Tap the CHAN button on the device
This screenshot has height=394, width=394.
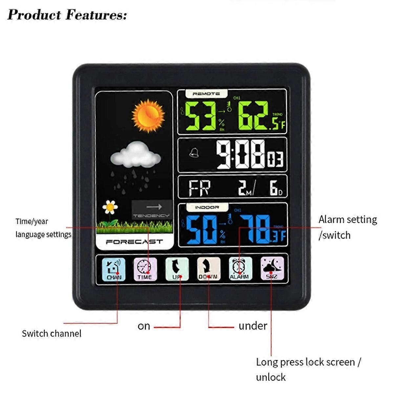pos(114,269)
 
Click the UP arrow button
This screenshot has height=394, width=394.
pos(177,269)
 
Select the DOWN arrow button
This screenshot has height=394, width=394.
pos(208,269)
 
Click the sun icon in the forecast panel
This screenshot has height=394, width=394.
pos(148,116)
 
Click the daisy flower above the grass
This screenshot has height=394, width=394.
pos(110,207)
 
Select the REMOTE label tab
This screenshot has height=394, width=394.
pos(206,94)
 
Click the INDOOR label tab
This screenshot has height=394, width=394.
pos(207,208)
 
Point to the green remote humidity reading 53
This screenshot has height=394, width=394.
pos(200,116)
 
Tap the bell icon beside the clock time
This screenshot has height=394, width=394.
pos(194,152)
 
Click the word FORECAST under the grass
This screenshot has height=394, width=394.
pos(134,242)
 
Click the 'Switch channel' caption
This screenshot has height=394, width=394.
pos(52,334)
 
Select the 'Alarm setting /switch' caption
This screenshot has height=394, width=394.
pos(347,227)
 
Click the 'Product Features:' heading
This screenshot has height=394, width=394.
pos(67,15)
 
